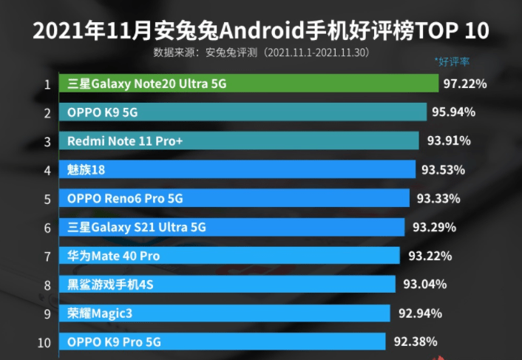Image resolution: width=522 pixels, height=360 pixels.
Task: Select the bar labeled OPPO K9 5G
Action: [244, 112]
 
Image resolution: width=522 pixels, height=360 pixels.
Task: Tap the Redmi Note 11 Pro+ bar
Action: [240, 141]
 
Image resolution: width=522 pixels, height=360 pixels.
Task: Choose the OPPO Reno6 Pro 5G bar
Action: [236, 198]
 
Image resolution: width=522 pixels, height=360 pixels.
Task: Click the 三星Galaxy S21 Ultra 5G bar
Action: [234, 227]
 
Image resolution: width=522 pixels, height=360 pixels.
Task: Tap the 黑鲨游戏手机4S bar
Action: [229, 285]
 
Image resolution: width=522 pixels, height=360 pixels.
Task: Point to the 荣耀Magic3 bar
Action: [226, 313]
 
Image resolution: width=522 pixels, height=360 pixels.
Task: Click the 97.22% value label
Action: [465, 84]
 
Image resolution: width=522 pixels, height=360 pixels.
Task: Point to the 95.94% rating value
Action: [453, 112]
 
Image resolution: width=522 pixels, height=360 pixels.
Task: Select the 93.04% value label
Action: [425, 284]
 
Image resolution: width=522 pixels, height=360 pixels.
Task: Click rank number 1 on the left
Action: [47, 84]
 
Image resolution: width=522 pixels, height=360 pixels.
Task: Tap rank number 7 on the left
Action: [47, 257]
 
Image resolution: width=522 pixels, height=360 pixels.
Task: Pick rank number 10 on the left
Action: [44, 342]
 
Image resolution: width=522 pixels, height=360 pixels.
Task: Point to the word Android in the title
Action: [256, 32]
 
